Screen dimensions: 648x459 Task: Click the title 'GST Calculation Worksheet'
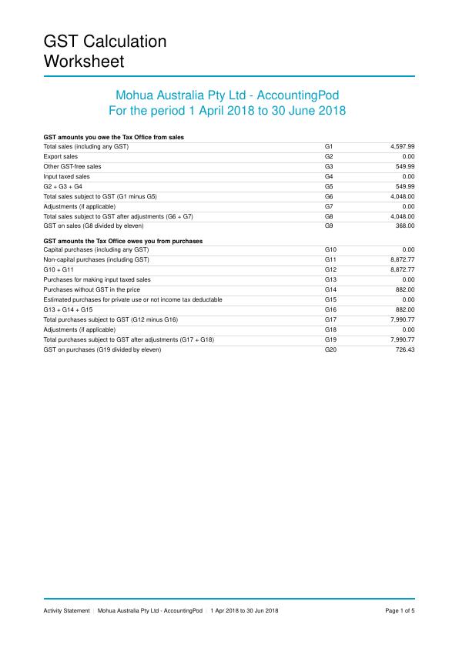pyautogui.click(x=105, y=51)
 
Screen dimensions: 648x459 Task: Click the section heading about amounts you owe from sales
pyautogui.click(x=112, y=137)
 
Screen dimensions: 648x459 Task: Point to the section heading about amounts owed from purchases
pyautogui.click(x=123, y=241)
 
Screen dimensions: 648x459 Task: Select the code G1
pyautogui.click(x=329, y=146)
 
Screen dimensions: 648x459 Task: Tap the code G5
pyautogui.click(x=329, y=186)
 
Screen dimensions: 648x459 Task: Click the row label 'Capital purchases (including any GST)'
pyautogui.click(x=95, y=250)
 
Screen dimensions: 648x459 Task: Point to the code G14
pyautogui.click(x=330, y=289)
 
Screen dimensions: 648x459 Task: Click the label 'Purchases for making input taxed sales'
pyautogui.click(x=97, y=279)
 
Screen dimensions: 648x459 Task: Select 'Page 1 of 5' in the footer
pyautogui.click(x=400, y=610)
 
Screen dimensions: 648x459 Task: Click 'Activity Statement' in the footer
pyautogui.click(x=66, y=610)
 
